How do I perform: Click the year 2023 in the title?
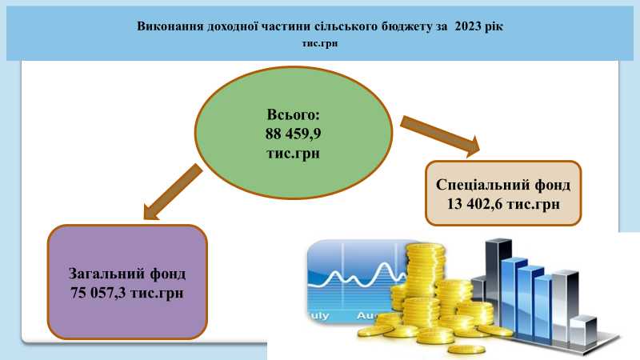point(468,26)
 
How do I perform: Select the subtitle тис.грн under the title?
point(320,43)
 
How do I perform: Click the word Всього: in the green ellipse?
point(293,114)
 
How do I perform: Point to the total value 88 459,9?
point(293,134)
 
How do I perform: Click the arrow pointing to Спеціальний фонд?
point(440,136)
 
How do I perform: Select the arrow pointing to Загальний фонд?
point(173,192)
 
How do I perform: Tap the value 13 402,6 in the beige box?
point(474,204)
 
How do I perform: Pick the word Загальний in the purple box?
point(106,274)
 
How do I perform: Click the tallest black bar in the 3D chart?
point(498,282)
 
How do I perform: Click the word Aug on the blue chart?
point(366,315)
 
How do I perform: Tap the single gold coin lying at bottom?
point(466,350)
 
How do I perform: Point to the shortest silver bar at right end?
point(584,330)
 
